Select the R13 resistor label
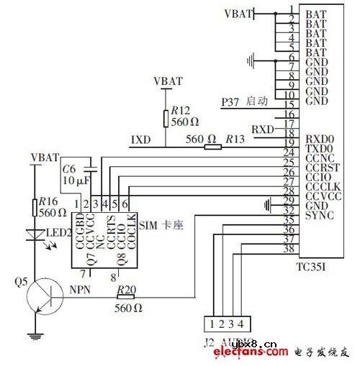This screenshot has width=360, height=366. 235,138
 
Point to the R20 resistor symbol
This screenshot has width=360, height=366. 125,295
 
